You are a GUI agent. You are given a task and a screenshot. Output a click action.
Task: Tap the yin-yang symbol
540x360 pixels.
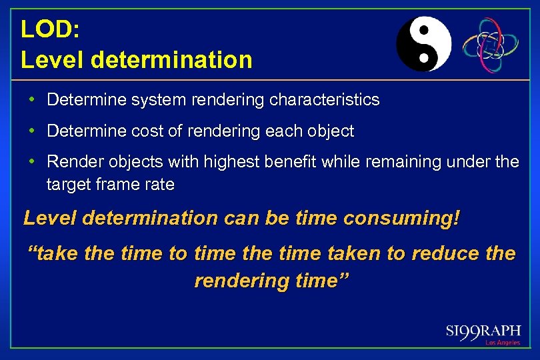pyautogui.click(x=423, y=44)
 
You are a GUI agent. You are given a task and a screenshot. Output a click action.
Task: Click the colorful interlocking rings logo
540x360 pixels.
pyautogui.click(x=491, y=45)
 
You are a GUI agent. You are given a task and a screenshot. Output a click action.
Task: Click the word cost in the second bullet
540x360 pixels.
pyautogui.click(x=153, y=131)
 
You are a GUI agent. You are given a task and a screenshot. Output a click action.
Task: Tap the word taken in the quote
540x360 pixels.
pyautogui.click(x=351, y=253)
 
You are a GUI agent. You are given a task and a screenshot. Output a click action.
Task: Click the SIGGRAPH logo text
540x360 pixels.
pyautogui.click(x=483, y=331)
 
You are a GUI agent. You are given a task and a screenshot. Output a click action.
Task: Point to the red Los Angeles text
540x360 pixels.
pyautogui.click(x=502, y=343)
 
